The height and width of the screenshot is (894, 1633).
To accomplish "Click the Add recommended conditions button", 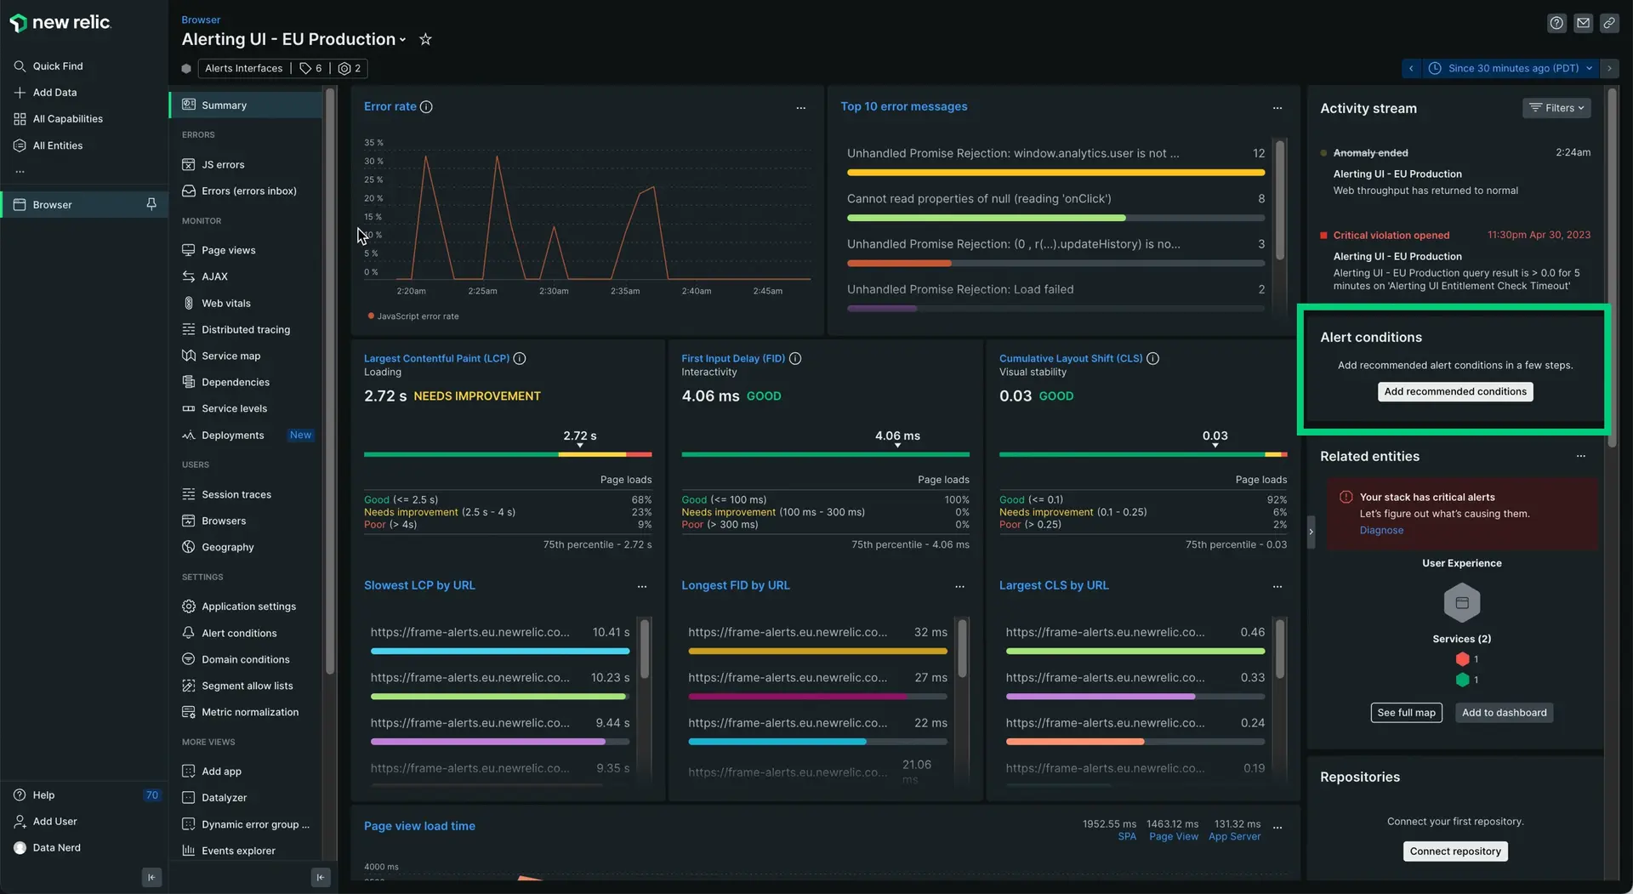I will [x=1454, y=392].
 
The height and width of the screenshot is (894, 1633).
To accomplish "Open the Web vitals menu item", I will [x=225, y=304].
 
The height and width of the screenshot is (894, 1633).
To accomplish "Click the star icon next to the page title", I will [x=425, y=40].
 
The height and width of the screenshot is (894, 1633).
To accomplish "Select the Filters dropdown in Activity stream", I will [x=1556, y=108].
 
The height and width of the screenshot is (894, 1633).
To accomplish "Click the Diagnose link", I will [x=1380, y=531].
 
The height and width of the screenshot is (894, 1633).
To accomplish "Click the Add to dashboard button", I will [x=1504, y=714].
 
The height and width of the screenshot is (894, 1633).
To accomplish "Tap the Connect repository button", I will [x=1454, y=851].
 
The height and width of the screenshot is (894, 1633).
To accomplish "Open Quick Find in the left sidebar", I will [x=57, y=66].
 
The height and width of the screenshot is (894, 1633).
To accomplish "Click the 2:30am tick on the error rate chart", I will [x=554, y=292].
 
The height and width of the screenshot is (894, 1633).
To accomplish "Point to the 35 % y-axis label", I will [x=373, y=143].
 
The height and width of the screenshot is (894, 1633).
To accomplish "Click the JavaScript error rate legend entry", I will [x=417, y=316].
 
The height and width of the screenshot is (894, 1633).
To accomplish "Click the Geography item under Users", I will [x=227, y=548].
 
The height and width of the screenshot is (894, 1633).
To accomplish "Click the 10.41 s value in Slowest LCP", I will [x=611, y=633].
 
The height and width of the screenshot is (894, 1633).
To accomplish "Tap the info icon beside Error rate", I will [x=426, y=107].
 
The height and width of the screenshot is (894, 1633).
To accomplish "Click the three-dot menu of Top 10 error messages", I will [x=1277, y=108].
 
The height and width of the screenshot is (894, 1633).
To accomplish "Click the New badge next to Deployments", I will [x=300, y=436].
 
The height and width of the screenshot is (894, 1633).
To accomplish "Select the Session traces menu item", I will [x=236, y=495].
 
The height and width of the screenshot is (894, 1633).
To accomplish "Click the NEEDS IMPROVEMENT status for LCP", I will [x=476, y=396].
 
